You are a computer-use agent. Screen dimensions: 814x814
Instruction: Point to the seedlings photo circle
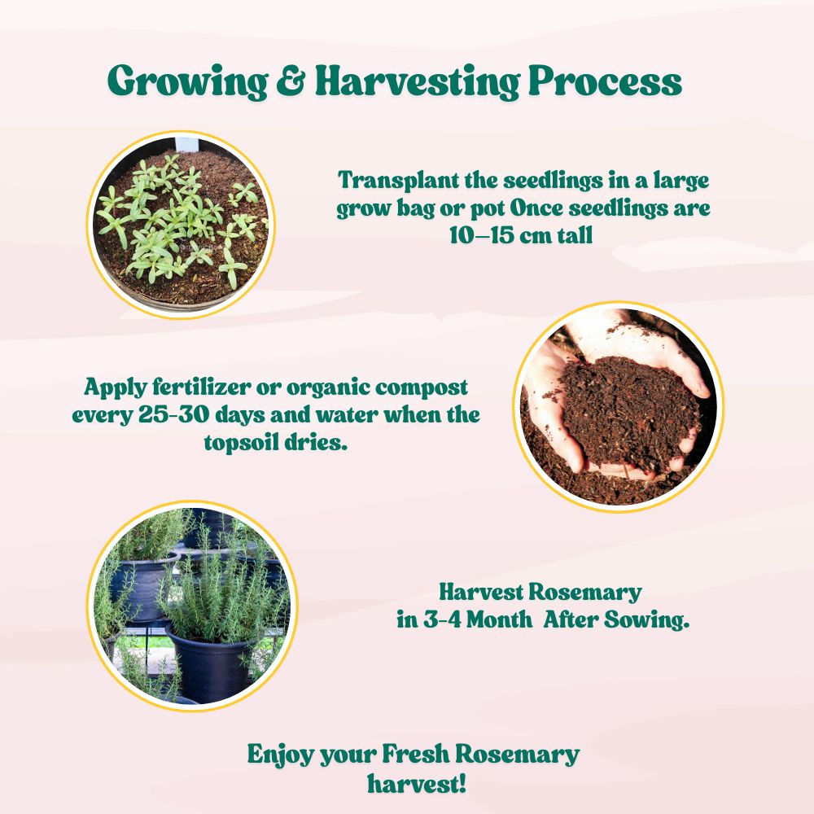(x=182, y=223)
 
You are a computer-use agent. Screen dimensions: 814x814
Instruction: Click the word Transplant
(x=392, y=179)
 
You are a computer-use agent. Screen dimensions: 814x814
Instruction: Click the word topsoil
(x=247, y=444)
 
